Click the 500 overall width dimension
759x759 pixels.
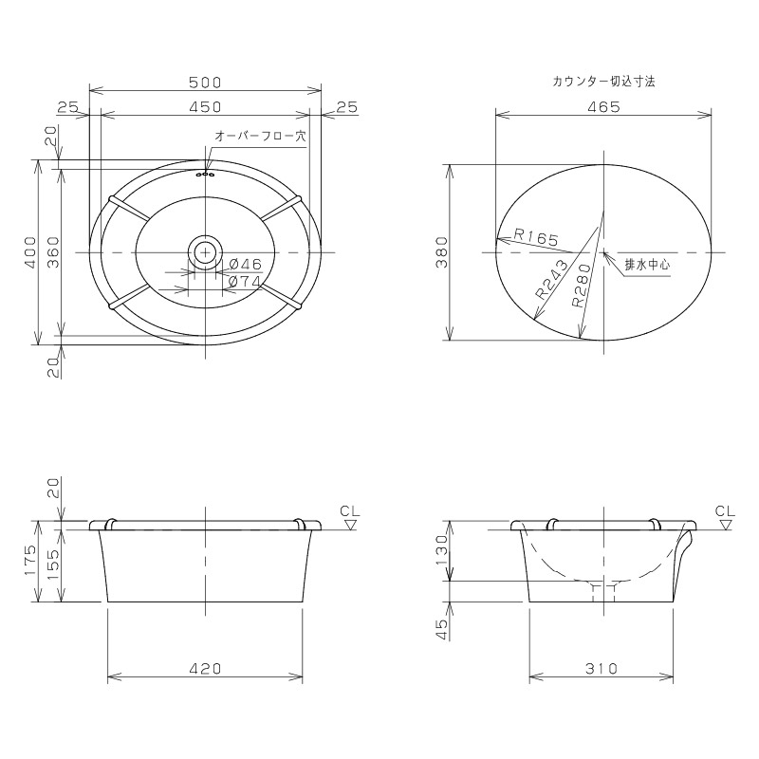pyautogui.click(x=205, y=83)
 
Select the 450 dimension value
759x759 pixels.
pyautogui.click(x=205, y=106)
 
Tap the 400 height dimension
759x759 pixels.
pyautogui.click(x=30, y=252)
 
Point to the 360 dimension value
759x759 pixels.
pyautogui.click(x=53, y=252)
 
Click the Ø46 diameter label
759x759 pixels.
pyautogui.click(x=245, y=265)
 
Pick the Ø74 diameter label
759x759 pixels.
pyautogui.click(x=245, y=282)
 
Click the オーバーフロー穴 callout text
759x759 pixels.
pyautogui.click(x=260, y=136)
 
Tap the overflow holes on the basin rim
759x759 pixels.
pyautogui.click(x=206, y=174)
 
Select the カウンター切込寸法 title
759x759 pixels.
pyautogui.click(x=603, y=82)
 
